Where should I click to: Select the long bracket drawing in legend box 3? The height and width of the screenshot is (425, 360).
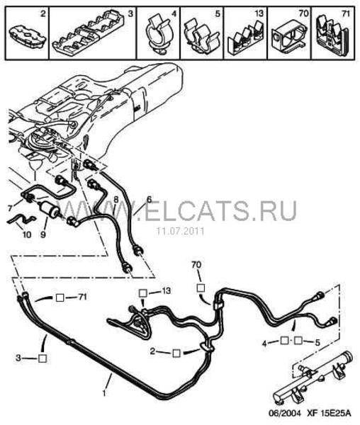(x=88, y=33)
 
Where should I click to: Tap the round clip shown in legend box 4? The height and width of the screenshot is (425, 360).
(x=158, y=35)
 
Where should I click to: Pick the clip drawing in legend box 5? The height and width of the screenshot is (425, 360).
(x=201, y=36)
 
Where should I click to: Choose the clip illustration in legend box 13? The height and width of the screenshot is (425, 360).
(x=246, y=38)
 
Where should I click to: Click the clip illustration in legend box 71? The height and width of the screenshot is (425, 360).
(x=333, y=34)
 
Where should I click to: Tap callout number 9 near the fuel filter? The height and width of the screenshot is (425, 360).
(x=43, y=234)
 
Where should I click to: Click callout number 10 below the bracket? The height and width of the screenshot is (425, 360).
(x=26, y=234)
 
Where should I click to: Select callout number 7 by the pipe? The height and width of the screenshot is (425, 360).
(x=10, y=208)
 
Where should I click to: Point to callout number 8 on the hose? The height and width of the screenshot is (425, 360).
(x=116, y=200)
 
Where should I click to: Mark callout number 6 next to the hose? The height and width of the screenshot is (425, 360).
(x=149, y=200)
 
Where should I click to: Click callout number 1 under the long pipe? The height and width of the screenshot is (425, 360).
(x=104, y=393)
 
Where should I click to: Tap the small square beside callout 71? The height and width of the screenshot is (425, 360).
(x=60, y=298)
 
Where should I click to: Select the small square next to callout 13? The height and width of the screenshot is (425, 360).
(x=143, y=293)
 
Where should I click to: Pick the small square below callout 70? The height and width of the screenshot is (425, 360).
(x=201, y=288)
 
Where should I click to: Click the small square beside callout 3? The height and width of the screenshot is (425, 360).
(x=43, y=358)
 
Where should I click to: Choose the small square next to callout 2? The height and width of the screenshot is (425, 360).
(x=176, y=353)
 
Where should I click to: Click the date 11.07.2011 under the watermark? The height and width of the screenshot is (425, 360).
(x=180, y=232)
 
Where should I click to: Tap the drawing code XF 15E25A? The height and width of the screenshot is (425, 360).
(x=329, y=413)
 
